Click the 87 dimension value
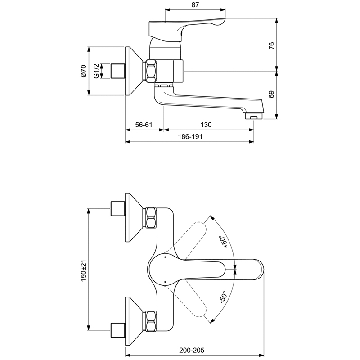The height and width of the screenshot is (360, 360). coord(195,5)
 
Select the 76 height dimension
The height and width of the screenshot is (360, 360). coord(272,45)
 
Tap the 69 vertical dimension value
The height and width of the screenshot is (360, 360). coord(272,94)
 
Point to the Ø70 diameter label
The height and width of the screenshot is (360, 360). coord(84,71)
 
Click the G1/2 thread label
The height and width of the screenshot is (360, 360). coord(96,71)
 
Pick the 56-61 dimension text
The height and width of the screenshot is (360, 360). coord(144,125)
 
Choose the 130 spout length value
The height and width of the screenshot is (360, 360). coord(206,125)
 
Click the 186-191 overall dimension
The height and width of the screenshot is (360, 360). coord(190,137)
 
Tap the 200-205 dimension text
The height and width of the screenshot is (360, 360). coord(192,351)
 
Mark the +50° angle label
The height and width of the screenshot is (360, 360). coord(223,242)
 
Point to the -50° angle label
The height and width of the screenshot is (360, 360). coord(223,297)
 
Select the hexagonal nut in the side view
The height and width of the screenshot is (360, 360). coord(152,71)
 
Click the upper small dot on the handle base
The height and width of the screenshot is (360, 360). coord(165,257)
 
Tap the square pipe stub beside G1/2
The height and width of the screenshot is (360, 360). coord(118,71)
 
